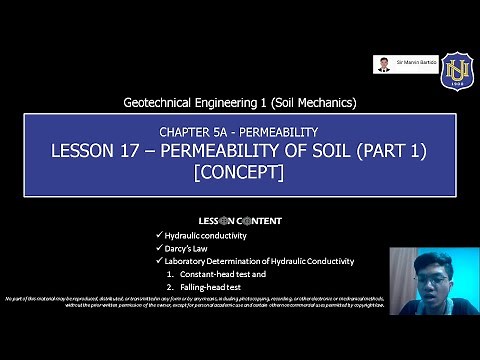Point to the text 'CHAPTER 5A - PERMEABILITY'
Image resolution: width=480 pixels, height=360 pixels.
238,132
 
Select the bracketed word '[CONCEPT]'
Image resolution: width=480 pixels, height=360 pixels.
238,172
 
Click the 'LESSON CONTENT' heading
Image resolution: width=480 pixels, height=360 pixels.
239,221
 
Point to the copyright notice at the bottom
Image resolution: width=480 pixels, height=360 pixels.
200,303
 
